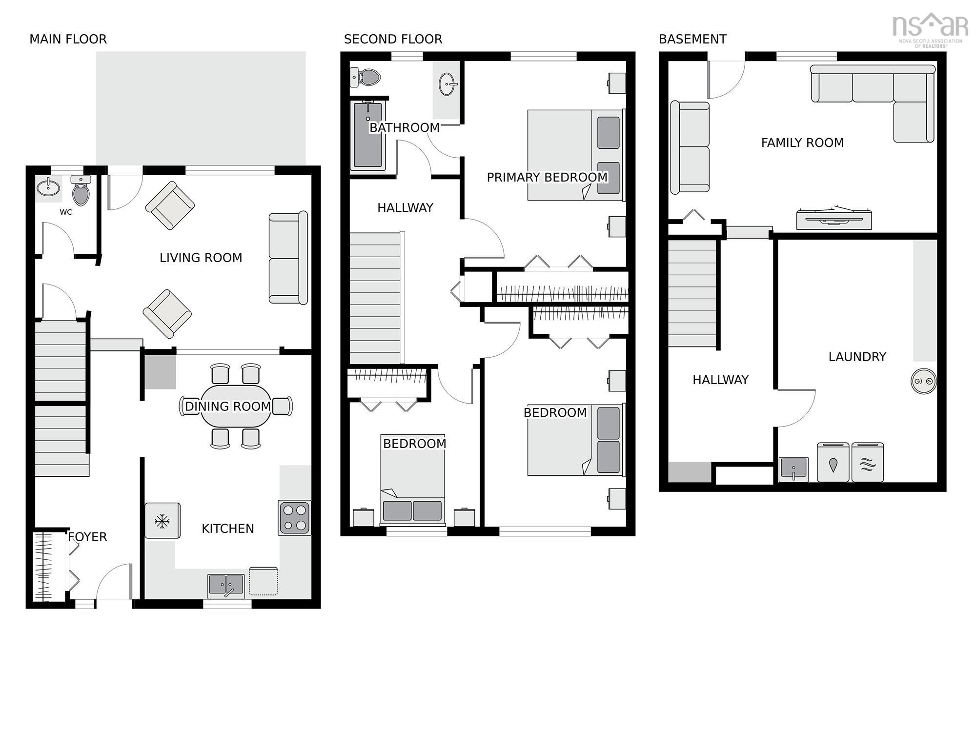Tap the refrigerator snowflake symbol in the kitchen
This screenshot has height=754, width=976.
click(x=162, y=521)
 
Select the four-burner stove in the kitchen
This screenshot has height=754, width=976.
click(x=294, y=518)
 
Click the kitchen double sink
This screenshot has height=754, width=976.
click(x=226, y=585)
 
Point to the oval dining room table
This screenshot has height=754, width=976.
click(x=235, y=406)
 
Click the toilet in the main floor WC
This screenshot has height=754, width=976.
click(x=81, y=191)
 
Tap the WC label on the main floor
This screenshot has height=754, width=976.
click(x=66, y=212)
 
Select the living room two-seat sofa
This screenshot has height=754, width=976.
click(x=288, y=258)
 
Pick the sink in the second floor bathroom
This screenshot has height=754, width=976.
click(x=447, y=84)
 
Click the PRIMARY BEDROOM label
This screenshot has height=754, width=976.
click(x=547, y=177)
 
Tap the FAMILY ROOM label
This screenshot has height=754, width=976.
click(x=802, y=143)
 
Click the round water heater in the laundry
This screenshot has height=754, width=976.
click(x=923, y=381)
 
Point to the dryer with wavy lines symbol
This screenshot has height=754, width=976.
click(x=867, y=462)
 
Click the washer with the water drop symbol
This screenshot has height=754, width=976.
click(x=833, y=462)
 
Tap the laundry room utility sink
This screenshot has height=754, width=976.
click(x=793, y=469)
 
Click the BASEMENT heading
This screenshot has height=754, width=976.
click(x=692, y=39)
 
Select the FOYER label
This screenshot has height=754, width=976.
click(x=87, y=537)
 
